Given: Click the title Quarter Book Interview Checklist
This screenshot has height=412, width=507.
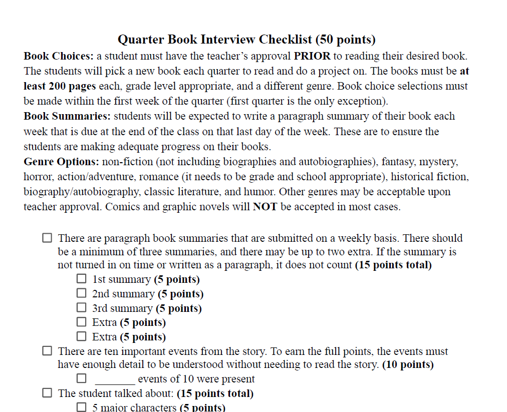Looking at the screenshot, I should [246, 40].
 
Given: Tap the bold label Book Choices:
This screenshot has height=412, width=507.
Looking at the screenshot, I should [59, 56].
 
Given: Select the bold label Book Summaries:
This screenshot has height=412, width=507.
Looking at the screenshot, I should [68, 116].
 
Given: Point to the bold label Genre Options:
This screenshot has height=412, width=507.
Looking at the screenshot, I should [62, 162].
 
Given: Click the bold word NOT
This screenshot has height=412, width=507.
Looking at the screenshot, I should [265, 207].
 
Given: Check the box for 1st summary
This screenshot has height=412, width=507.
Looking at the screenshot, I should [81, 279].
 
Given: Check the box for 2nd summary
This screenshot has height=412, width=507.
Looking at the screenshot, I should [81, 293].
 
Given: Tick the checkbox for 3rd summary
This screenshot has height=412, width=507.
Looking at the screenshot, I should [81, 308].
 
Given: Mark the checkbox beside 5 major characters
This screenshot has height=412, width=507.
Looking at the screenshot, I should [81, 407].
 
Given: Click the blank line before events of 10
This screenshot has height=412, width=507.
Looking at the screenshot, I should [115, 379].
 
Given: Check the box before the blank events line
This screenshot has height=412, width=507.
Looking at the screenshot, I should [81, 378].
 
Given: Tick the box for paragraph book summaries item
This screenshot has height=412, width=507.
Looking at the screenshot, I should [47, 238].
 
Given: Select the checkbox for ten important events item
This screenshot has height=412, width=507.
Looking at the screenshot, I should [47, 351].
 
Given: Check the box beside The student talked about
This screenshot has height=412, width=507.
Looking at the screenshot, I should [47, 393].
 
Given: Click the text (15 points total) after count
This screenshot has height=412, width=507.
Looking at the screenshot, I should [393, 265].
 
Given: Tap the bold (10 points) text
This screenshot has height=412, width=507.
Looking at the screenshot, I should [408, 364].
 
